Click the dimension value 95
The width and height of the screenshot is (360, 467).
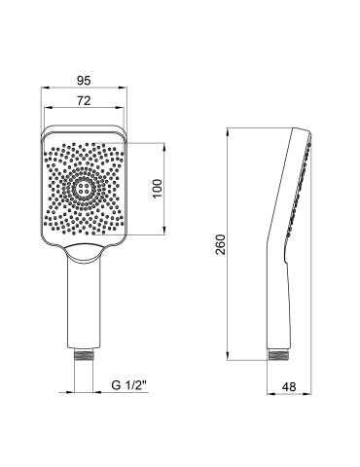click(x=85, y=82)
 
